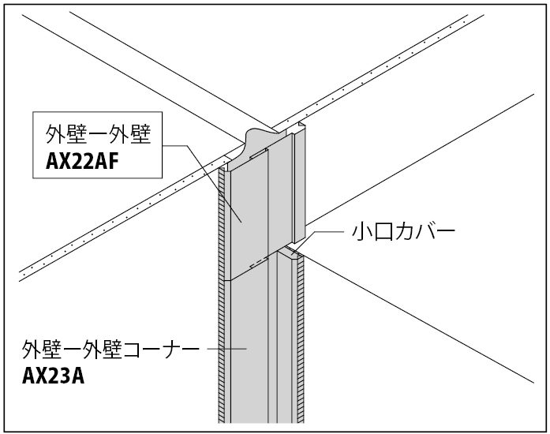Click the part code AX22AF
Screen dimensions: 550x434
82,162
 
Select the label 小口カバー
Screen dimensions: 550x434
403,232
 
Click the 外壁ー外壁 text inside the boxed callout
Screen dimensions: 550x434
98,135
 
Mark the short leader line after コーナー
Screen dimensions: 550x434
227,349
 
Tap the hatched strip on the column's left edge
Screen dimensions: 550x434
221,294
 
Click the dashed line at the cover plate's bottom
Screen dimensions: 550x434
259,263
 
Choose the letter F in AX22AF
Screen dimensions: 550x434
113,162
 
